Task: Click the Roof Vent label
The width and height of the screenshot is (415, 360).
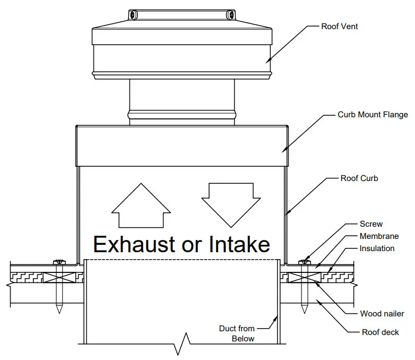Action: [x=339, y=26]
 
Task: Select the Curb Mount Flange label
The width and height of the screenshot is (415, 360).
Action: [x=373, y=114]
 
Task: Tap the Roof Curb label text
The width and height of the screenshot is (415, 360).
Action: [x=359, y=178]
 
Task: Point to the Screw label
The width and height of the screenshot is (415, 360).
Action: [x=371, y=224]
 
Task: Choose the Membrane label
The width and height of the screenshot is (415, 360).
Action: [x=379, y=236]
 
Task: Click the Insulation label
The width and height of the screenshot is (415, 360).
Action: [x=377, y=248]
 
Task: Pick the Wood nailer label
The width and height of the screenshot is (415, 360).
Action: [x=382, y=314]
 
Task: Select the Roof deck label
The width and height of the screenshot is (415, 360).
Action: [x=379, y=332]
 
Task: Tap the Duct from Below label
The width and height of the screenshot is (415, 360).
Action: [x=237, y=333]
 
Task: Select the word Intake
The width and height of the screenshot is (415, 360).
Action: [x=241, y=244]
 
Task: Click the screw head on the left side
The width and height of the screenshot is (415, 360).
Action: [x=59, y=262]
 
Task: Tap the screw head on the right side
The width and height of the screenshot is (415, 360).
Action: [x=304, y=262]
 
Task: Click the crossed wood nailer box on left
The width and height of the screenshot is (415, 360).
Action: [x=59, y=276]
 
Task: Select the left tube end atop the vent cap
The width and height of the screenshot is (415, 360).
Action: [x=133, y=14]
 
